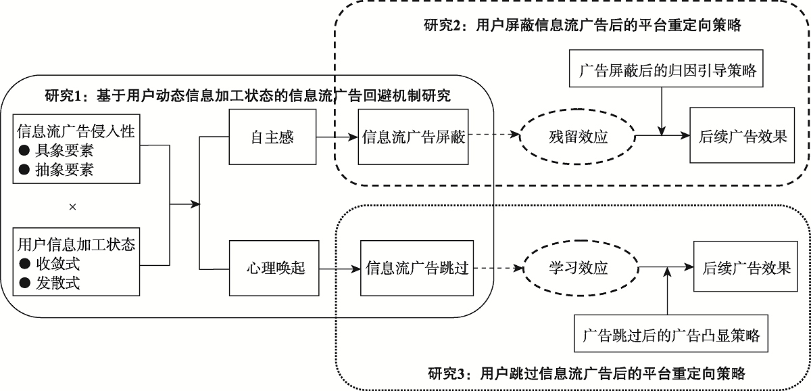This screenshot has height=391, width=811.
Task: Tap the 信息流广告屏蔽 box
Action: pyautogui.click(x=413, y=137)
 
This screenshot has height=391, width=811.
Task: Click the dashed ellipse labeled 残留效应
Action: pyautogui.click(x=579, y=137)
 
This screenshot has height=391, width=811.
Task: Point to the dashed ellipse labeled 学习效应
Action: pyautogui.click(x=579, y=269)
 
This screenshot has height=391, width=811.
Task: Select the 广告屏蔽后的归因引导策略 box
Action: pyautogui.click(x=668, y=70)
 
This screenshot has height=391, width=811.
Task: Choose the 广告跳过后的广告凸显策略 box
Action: pyautogui.click(x=670, y=334)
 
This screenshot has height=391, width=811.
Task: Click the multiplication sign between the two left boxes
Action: pyautogui.click(x=73, y=206)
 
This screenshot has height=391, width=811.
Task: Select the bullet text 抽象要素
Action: pyautogui.click(x=65, y=170)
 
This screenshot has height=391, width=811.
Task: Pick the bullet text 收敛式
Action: pyautogui.click(x=57, y=264)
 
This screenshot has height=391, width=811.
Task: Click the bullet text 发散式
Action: pyautogui.click(x=57, y=283)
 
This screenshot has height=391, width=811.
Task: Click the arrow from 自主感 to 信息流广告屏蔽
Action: pyautogui.click(x=335, y=137)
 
